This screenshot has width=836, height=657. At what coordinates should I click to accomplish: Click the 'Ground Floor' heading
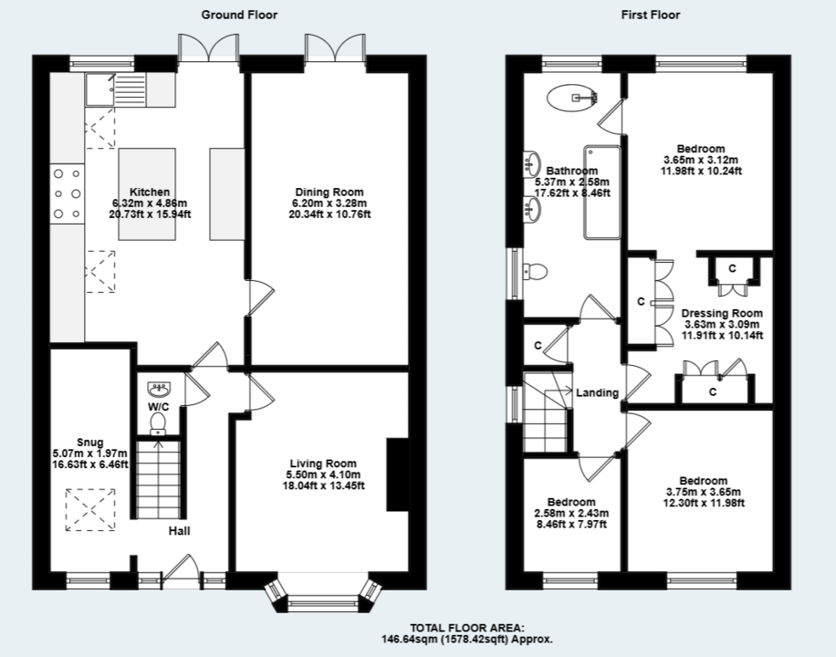(238, 15)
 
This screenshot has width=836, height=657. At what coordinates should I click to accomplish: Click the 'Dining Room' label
(329, 192)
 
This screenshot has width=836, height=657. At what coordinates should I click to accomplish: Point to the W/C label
(159, 407)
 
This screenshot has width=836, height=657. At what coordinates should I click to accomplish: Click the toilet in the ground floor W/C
(159, 422)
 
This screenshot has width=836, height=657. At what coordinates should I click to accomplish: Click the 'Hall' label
(179, 531)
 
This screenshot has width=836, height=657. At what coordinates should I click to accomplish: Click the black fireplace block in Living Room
(397, 475)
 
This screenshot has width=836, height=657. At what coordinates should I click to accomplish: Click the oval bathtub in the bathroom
(574, 97)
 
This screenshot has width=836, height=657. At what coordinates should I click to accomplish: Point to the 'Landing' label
(598, 393)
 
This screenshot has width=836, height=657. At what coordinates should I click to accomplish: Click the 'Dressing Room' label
(721, 313)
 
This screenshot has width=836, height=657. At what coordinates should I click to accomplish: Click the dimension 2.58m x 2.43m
(570, 514)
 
